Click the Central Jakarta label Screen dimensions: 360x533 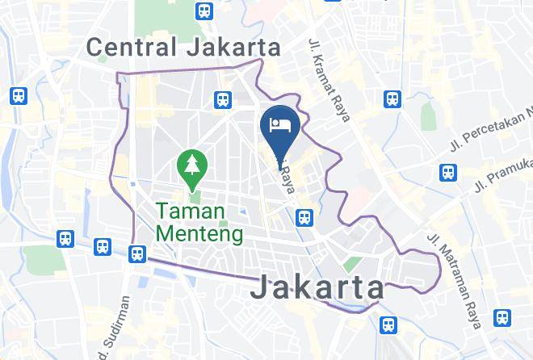pyautogui.click(x=183, y=48)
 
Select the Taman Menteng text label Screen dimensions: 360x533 pyautogui.click(x=199, y=224)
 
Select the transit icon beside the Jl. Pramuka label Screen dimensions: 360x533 pyautogui.click(x=447, y=173)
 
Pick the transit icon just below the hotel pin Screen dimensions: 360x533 pyautogui.click(x=304, y=217)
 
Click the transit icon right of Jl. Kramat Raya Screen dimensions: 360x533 pyautogui.click(x=392, y=99)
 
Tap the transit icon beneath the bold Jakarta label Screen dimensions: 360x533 pyautogui.click(x=388, y=324)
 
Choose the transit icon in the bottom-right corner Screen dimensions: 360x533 pyautogui.click(x=503, y=318)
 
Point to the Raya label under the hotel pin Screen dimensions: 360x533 pyautogui.click(x=285, y=182)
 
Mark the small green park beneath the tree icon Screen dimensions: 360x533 pyautogui.click(x=194, y=197)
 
